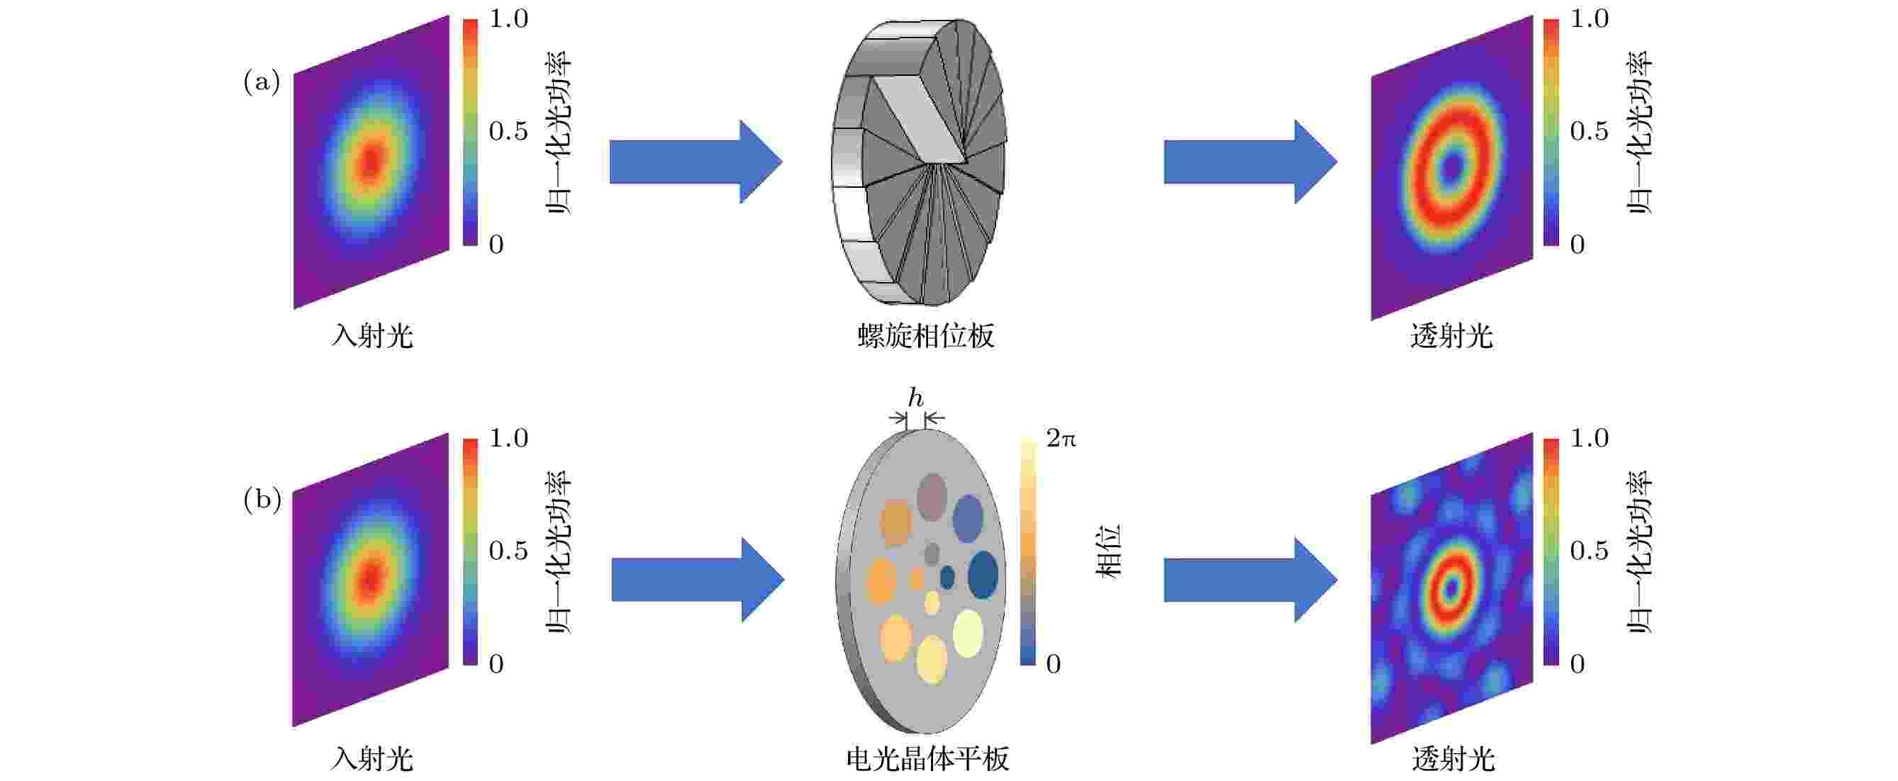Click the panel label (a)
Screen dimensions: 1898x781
click(262, 82)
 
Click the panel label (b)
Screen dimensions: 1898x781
click(262, 501)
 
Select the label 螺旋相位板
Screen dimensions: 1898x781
click(926, 336)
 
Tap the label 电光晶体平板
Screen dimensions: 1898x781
click(927, 758)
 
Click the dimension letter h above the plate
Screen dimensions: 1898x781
click(915, 398)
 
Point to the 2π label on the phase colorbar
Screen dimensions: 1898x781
click(1061, 439)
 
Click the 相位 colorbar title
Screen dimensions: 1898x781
click(1110, 551)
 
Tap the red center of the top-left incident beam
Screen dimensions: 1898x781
click(371, 161)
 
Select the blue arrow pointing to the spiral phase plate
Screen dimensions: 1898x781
click(696, 162)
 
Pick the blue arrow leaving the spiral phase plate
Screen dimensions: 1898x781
click(1251, 162)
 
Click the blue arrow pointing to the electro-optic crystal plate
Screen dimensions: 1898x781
click(698, 580)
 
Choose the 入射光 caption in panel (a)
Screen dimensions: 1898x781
click(372, 336)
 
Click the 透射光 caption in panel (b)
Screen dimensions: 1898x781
click(1453, 758)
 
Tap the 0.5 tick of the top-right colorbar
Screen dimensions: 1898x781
click(1590, 131)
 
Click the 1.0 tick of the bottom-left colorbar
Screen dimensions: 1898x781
click(508, 439)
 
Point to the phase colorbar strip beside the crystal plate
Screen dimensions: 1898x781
click(1029, 551)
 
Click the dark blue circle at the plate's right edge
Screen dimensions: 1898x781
click(983, 575)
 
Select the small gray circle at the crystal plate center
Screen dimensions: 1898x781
click(932, 554)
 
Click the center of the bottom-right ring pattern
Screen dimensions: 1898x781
click(1451, 588)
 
